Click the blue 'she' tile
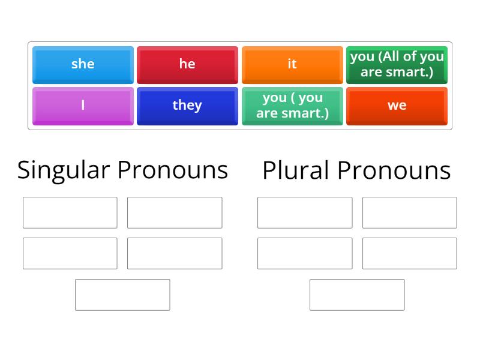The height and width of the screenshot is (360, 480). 83,64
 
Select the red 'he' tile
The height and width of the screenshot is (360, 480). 187,64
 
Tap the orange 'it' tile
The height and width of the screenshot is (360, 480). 292,64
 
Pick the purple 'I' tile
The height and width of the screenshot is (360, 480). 83,106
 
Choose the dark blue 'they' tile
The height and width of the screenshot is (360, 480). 187,106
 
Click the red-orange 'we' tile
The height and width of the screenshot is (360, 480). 397,106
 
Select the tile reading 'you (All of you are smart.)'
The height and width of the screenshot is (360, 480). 397,64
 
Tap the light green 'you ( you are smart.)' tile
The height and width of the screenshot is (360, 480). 292,106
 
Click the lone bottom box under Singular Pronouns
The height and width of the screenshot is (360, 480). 122,295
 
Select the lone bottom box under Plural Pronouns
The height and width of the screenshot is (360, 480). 357,295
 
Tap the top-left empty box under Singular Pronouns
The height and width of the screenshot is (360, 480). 70,212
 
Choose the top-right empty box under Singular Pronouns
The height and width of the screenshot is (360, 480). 175,212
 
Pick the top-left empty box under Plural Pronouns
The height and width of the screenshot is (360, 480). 305,212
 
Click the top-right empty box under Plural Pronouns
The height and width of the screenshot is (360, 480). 409,212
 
